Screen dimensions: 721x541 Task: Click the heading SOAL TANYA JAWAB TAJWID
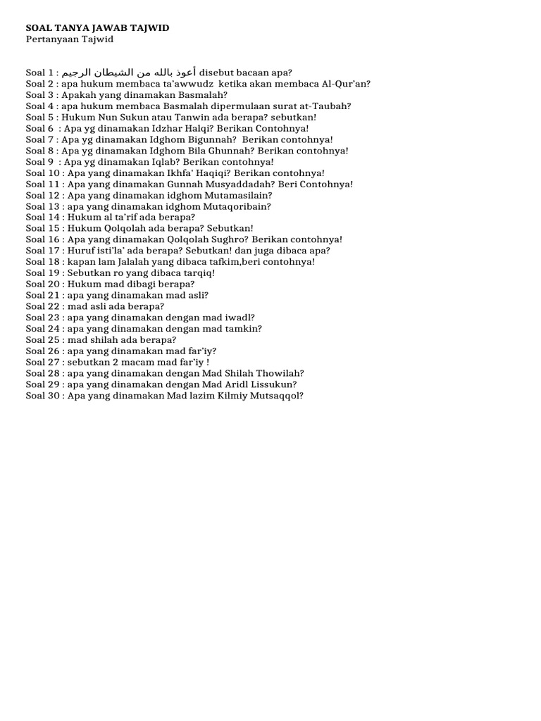pyautogui.click(x=97, y=27)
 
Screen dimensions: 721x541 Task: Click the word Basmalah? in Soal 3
pyautogui.click(x=204, y=94)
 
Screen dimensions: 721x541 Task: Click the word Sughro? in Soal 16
pyautogui.click(x=229, y=239)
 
